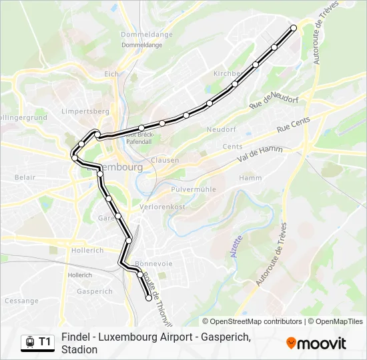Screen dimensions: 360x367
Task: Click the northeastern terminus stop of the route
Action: click(294, 28)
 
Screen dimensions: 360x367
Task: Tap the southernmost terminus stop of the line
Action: click(148, 299)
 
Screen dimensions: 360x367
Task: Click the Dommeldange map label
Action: click(146, 35)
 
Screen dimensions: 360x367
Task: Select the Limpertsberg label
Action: click(85, 111)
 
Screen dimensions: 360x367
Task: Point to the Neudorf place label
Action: click(222, 129)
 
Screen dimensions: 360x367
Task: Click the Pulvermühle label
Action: click(194, 189)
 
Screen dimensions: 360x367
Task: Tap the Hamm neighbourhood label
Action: click(250, 178)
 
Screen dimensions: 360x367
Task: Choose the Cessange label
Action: click(21, 301)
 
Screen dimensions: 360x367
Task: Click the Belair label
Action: click(25, 177)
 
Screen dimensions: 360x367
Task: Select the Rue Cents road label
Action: click(294, 125)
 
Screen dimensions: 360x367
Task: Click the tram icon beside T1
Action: click(29, 342)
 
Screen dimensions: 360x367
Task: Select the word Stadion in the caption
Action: click(79, 349)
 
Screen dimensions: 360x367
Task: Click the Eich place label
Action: click(111, 74)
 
